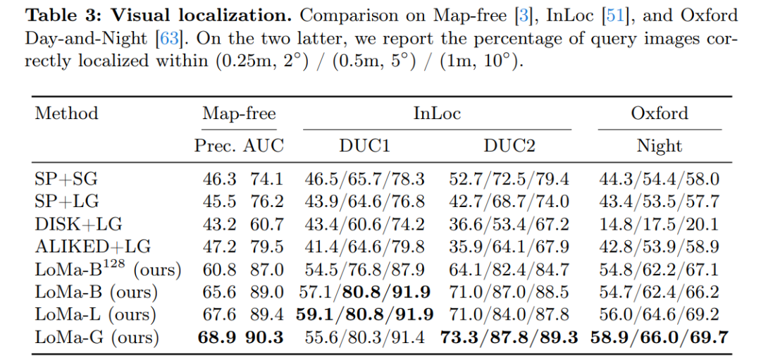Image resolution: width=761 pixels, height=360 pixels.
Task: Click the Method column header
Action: pyautogui.click(x=66, y=113)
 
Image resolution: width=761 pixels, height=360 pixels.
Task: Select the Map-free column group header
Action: pyautogui.click(x=240, y=113)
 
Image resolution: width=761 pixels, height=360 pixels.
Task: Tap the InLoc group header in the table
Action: pyautogui.click(x=437, y=113)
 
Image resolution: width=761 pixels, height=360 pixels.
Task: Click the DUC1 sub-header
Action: pyautogui.click(x=364, y=146)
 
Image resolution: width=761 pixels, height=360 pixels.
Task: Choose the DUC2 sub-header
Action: pyautogui.click(x=509, y=146)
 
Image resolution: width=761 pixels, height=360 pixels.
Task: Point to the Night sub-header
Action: pyautogui.click(x=660, y=146)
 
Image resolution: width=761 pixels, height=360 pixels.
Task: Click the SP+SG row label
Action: pyautogui.click(x=66, y=179)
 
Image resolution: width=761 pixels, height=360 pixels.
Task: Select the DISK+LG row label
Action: pyautogui.click(x=78, y=223)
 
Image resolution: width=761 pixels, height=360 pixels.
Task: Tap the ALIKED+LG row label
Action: pyautogui.click(x=93, y=246)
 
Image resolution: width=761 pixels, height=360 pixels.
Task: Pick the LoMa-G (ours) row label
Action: pyautogui.click(x=97, y=337)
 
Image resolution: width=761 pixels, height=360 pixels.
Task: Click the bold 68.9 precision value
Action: pyautogui.click(x=216, y=337)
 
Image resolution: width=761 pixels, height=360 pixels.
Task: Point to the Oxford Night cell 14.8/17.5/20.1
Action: pyautogui.click(x=659, y=224)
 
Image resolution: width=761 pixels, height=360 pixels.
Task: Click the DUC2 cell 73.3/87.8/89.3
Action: pyautogui.click(x=509, y=337)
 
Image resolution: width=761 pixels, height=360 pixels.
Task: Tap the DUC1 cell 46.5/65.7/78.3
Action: pyautogui.click(x=364, y=180)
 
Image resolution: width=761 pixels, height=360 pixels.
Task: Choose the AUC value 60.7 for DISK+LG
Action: pyautogui.click(x=266, y=223)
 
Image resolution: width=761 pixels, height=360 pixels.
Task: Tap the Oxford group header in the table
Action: pyautogui.click(x=660, y=113)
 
